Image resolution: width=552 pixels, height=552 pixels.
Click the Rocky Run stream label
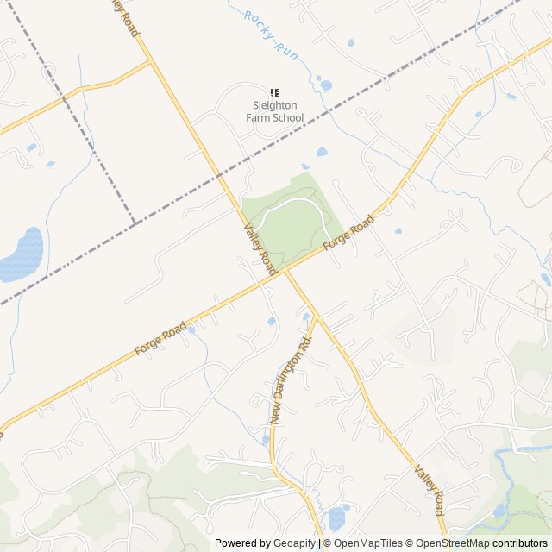[271, 34]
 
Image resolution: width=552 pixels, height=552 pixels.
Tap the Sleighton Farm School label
[273, 111]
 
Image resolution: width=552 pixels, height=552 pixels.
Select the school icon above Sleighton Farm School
[274, 92]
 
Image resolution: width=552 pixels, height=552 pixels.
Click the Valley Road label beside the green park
[260, 247]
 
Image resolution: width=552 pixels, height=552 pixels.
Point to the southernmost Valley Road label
[429, 491]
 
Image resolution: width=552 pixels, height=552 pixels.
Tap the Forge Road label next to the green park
[350, 234]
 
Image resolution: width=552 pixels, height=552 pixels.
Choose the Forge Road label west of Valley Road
[160, 338]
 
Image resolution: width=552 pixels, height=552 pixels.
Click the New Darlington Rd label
[289, 380]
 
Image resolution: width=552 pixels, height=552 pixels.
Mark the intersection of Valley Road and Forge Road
[282, 273]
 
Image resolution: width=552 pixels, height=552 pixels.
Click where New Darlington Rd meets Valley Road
[316, 317]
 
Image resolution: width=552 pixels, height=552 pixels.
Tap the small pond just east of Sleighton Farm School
[325, 85]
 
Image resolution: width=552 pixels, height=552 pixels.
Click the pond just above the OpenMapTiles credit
[336, 519]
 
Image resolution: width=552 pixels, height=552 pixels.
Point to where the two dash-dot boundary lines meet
[135, 223]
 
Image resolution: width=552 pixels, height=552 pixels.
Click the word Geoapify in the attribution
[294, 543]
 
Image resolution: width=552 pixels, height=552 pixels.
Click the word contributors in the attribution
[521, 543]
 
